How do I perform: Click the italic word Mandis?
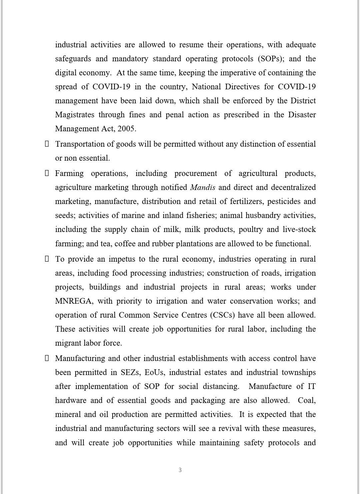point(202,187)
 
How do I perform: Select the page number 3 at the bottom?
point(180,470)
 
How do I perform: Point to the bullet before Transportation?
point(47,144)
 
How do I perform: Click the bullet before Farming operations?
point(47,173)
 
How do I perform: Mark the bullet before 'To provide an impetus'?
point(47,259)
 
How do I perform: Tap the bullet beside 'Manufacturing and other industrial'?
point(47,358)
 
